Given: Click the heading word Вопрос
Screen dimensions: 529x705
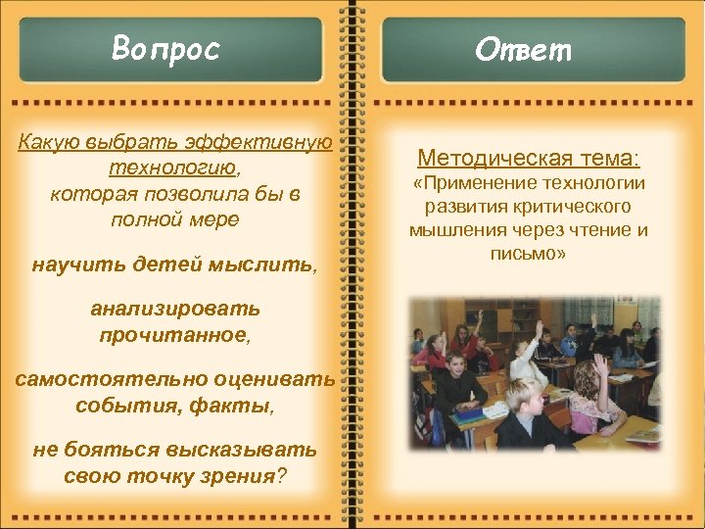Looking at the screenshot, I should pyautogui.click(x=165, y=48).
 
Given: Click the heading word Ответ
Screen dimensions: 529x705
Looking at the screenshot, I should pyautogui.click(x=523, y=49).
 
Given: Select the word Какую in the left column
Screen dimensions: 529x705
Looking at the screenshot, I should pyautogui.click(x=50, y=143).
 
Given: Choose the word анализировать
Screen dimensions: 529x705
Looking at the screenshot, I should pyautogui.click(x=175, y=310).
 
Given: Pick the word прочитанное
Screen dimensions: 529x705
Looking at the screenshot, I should pyautogui.click(x=173, y=335).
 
